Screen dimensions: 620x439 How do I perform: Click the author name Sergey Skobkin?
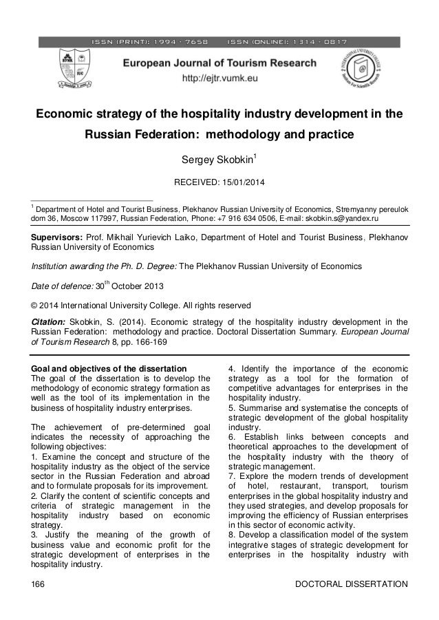pyautogui.click(x=216, y=162)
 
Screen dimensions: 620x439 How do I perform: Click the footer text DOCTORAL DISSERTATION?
pyautogui.click(x=351, y=584)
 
